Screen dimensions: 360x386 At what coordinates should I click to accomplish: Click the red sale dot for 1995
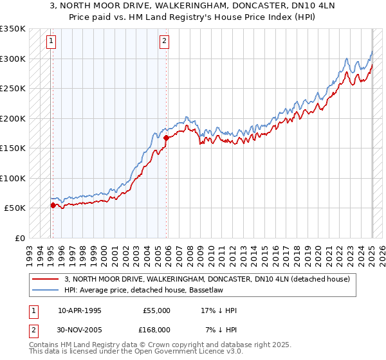click(53, 205)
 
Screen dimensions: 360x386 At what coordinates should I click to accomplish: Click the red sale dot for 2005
click(166, 138)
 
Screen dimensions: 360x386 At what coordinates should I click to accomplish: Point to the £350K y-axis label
click(13, 29)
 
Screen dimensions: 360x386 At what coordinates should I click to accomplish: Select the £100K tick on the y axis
click(13, 178)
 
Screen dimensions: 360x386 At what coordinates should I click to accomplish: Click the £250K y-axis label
click(13, 89)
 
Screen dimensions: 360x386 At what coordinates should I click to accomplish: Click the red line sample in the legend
click(45, 279)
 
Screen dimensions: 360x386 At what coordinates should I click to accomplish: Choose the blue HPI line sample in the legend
click(45, 290)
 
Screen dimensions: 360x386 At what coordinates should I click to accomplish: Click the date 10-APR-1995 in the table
click(80, 310)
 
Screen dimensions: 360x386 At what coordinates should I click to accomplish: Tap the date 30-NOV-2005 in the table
click(80, 329)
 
